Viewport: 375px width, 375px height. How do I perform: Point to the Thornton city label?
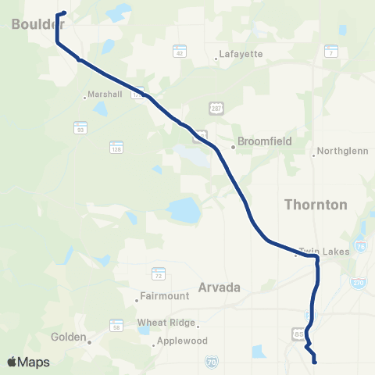click(316, 205)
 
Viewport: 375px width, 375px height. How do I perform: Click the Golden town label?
click(68, 338)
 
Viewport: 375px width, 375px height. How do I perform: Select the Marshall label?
click(105, 94)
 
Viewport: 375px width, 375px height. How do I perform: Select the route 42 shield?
click(179, 52)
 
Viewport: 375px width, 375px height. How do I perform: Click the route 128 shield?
click(116, 146)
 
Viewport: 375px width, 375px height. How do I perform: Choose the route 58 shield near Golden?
click(116, 323)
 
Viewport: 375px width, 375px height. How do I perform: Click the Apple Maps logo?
click(28, 362)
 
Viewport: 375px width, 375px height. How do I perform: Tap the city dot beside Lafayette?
click(216, 59)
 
